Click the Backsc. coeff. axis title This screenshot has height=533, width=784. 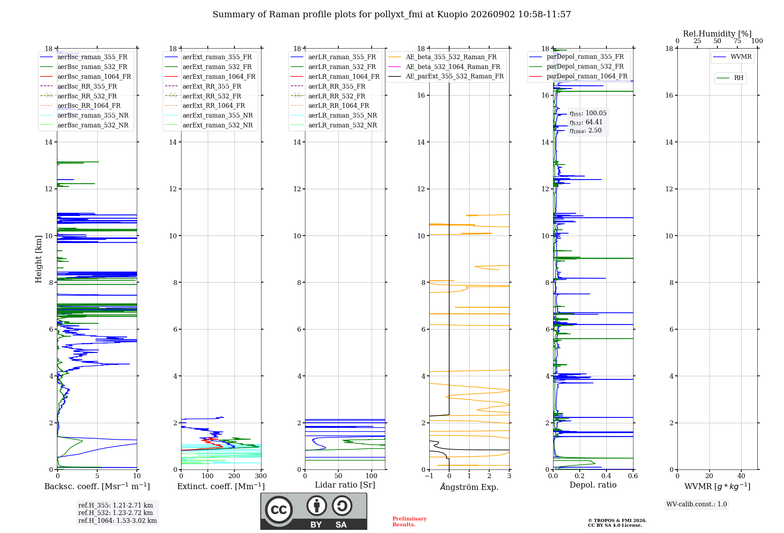click(x=97, y=486)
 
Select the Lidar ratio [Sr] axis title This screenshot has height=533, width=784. click(x=345, y=485)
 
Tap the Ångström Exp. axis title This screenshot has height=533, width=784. click(x=469, y=487)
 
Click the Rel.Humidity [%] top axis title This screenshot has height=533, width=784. click(x=717, y=34)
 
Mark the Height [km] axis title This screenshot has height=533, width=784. click(x=38, y=259)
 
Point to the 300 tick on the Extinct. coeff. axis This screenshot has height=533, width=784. click(x=261, y=476)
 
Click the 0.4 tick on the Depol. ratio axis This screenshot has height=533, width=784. click(x=606, y=476)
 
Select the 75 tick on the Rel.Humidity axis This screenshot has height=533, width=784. click(x=737, y=41)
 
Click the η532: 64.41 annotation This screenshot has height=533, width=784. click(x=586, y=122)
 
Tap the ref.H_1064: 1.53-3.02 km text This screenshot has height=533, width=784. click(x=118, y=521)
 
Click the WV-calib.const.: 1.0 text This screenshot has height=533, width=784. click(x=697, y=504)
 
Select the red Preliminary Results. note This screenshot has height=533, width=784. click(x=410, y=522)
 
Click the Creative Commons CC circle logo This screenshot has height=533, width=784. click(x=279, y=510)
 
